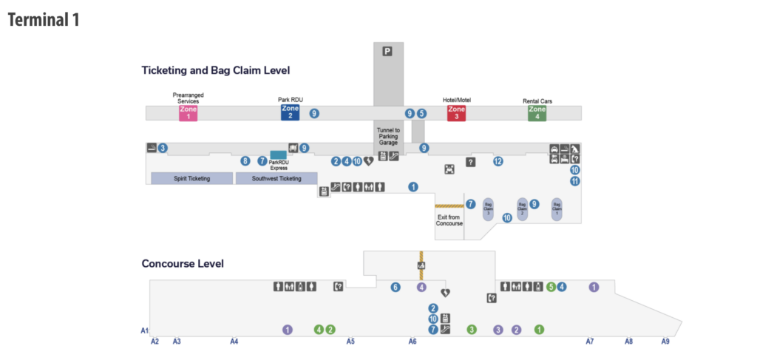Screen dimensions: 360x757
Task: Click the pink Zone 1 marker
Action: pos(188,112)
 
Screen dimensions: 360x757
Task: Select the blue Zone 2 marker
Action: pos(290,112)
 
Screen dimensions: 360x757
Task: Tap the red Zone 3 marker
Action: pos(456,112)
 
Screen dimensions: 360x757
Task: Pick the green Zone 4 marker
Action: pos(537,112)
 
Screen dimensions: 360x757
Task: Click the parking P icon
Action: pos(387,51)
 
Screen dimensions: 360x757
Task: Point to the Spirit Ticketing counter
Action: pos(191,178)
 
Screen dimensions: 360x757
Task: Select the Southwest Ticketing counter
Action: pos(276,178)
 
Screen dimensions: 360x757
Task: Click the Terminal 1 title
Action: pos(44,20)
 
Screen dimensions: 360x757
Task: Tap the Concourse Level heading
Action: pos(183,263)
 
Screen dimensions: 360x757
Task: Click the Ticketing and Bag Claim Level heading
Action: pos(215,70)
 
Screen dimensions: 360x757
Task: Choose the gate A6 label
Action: pos(413,342)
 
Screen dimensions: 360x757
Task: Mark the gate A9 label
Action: pos(665,342)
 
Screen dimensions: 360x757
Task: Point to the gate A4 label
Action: pos(234,342)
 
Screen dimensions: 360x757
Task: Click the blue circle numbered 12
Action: pos(498,161)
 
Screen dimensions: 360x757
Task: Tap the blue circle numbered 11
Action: pos(574,181)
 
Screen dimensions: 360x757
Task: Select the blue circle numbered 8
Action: pos(245,161)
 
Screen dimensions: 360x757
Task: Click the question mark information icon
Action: pos(470,162)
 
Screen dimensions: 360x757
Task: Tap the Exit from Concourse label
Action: pos(449,220)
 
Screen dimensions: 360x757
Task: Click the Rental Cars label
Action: pos(537,101)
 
